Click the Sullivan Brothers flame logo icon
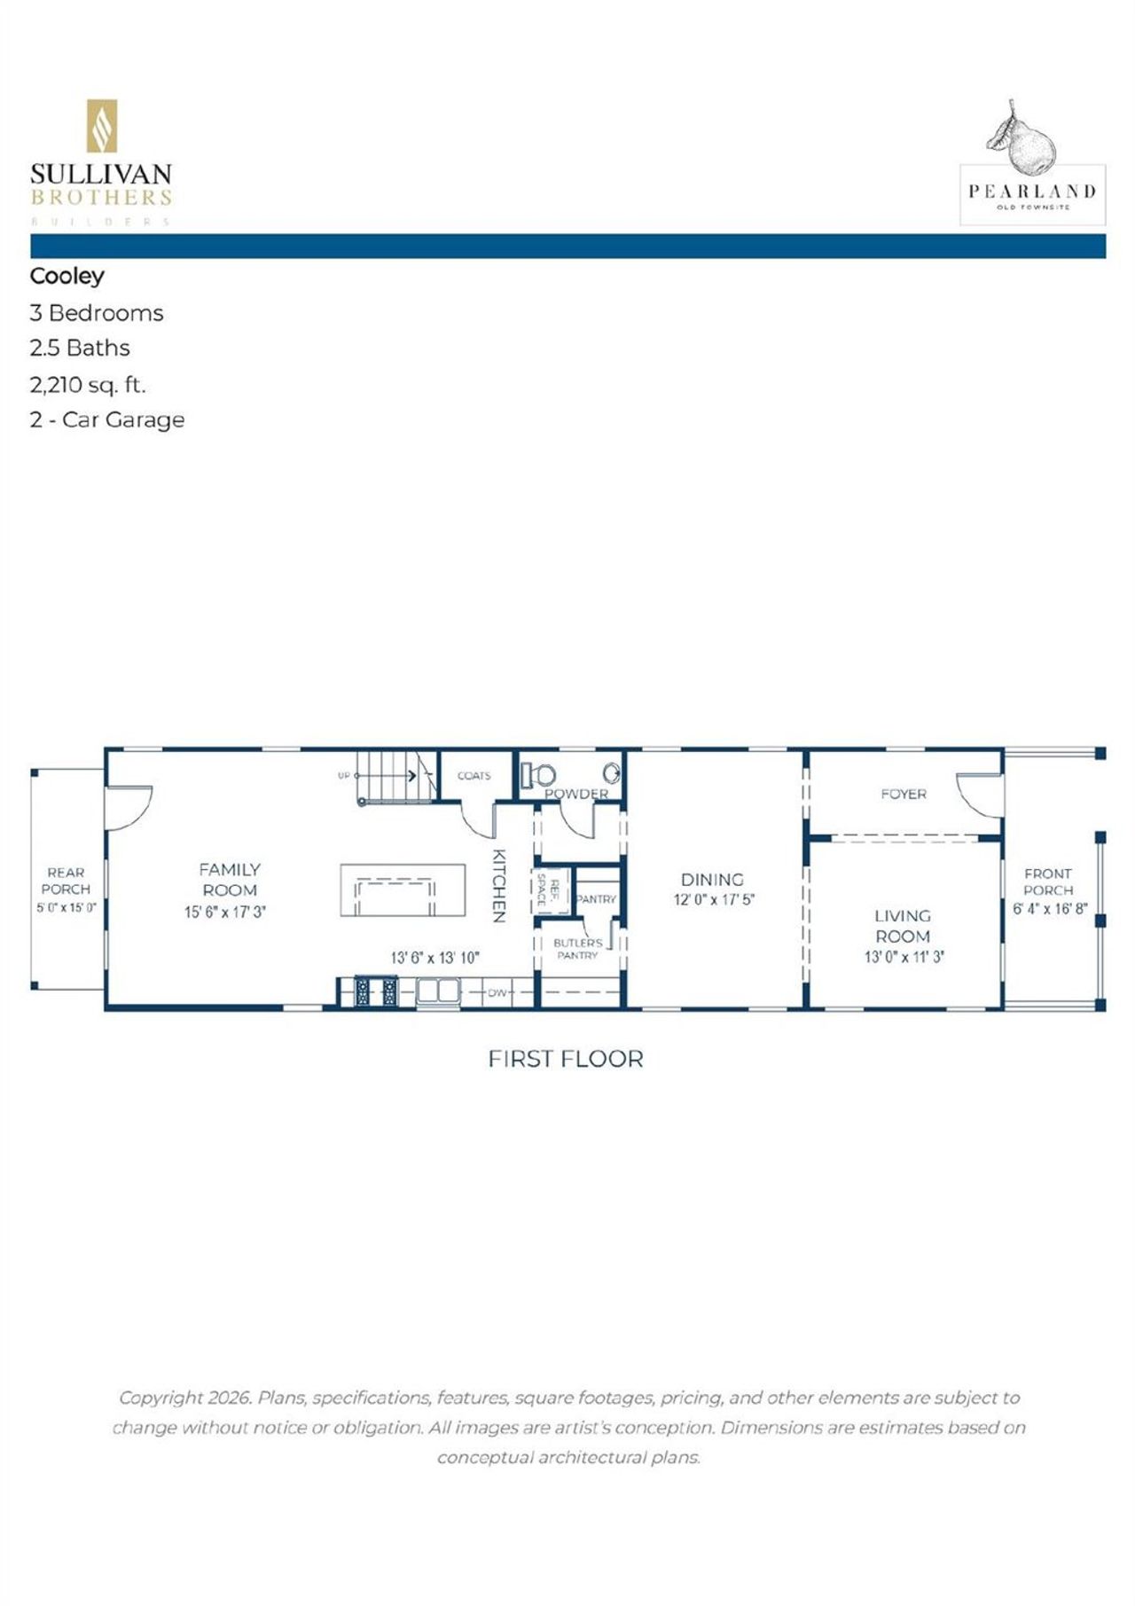(101, 126)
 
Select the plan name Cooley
(67, 276)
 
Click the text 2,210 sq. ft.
(88, 385)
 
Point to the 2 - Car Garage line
(107, 419)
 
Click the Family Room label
(229, 880)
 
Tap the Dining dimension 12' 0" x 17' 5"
(714, 900)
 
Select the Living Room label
(903, 926)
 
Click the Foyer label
(903, 795)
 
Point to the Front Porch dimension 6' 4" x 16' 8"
(1050, 909)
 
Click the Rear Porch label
(66, 881)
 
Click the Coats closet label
(474, 776)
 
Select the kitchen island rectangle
(403, 891)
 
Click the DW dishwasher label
(497, 993)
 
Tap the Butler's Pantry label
(577, 949)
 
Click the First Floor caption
(566, 1059)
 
